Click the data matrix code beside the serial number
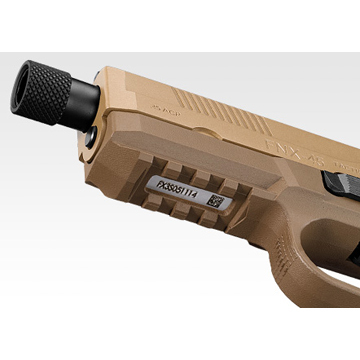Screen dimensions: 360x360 coord(215,200)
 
